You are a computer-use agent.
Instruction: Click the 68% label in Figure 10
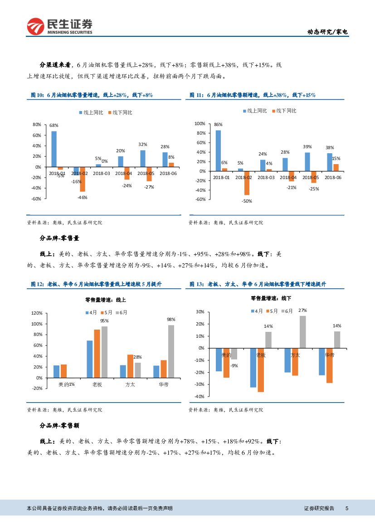point(54,125)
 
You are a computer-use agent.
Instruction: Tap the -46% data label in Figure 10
point(82,197)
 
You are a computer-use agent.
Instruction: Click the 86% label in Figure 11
point(218,124)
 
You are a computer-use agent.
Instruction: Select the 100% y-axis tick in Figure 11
point(200,123)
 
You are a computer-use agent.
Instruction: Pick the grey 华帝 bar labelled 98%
point(171,351)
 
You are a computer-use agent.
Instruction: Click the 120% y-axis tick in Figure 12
point(37,313)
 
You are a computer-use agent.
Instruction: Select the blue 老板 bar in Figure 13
point(253,367)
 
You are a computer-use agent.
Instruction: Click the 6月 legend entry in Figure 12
point(122,312)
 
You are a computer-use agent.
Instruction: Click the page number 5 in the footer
point(346,509)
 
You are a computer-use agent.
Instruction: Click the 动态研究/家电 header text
point(328,32)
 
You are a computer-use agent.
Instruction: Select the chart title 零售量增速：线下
point(271,298)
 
